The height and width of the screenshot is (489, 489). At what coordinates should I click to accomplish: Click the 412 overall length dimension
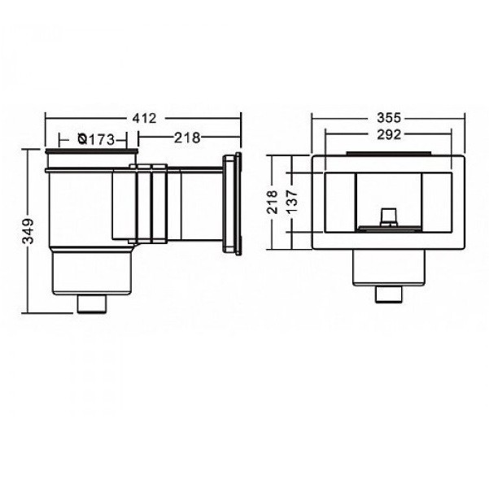click(144, 119)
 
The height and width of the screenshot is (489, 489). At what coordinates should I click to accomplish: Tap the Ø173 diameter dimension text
click(96, 139)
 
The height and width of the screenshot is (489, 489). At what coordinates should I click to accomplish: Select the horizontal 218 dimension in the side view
click(187, 138)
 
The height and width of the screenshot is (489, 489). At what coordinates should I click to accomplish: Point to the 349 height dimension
click(28, 231)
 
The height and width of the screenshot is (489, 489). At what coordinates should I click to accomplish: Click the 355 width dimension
click(389, 118)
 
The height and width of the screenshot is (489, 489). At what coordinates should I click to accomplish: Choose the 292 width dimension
click(389, 134)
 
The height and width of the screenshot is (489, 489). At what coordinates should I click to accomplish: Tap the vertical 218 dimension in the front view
click(272, 202)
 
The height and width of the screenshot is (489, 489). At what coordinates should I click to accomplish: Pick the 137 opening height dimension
click(292, 202)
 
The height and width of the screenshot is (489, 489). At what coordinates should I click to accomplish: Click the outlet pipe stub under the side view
click(92, 303)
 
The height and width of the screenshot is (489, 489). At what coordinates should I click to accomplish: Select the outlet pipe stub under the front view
click(389, 294)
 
